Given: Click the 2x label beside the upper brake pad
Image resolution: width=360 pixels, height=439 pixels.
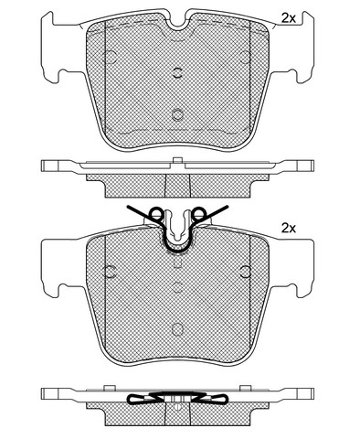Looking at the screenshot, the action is point(289,18).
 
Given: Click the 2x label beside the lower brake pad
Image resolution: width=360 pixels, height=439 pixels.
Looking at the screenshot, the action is point(289,228).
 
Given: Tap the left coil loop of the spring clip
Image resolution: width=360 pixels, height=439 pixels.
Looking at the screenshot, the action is point(156,213).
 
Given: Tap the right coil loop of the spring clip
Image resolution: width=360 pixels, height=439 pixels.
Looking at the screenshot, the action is point(199,213).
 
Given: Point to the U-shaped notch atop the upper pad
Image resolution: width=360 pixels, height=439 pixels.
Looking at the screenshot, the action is point(177,25).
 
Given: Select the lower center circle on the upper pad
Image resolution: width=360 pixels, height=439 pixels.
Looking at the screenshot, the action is point(177,114).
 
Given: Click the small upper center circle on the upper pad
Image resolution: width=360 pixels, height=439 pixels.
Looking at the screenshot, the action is point(177,72).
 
